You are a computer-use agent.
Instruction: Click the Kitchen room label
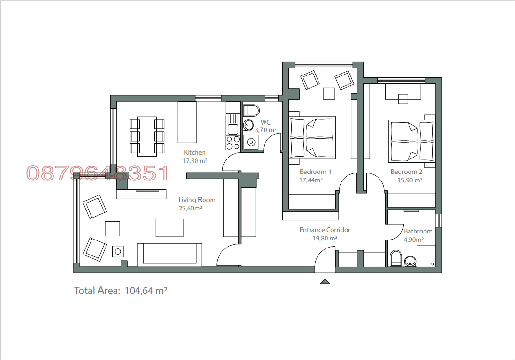point(195,152)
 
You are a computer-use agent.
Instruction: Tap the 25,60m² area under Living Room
point(190,208)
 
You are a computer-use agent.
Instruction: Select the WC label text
point(265,122)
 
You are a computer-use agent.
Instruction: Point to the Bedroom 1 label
point(315,172)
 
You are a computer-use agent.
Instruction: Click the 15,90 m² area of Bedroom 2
point(406,180)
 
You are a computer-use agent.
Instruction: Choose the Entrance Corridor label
point(325,230)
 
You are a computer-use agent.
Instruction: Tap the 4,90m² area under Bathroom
point(414,240)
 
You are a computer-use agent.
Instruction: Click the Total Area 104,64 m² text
point(121,291)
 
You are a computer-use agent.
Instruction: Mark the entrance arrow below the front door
point(325,281)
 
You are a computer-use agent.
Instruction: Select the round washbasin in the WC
point(249,125)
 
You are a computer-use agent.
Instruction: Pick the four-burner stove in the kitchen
point(233,142)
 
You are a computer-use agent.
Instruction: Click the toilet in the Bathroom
point(395,258)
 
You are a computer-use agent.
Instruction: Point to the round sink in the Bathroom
point(410,262)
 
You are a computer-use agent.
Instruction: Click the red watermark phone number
point(97,173)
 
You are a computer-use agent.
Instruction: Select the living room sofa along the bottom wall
point(169,255)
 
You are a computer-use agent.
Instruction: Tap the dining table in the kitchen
point(147,136)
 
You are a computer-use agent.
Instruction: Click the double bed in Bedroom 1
point(312,137)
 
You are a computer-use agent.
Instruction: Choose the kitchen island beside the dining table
point(186,122)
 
